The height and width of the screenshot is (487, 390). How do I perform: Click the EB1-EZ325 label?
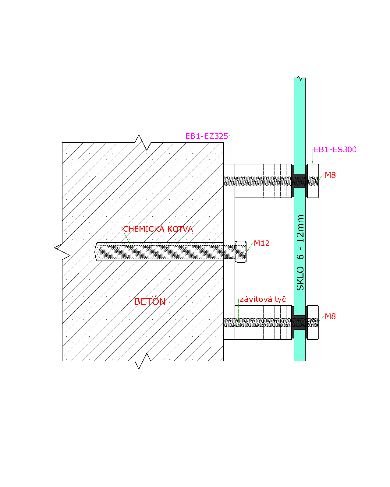click(206, 136)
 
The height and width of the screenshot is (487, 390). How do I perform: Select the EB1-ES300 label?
click(335, 149)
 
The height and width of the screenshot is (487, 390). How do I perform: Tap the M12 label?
click(261, 243)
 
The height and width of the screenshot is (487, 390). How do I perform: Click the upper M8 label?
click(330, 175)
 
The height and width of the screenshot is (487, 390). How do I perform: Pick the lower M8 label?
click(330, 316)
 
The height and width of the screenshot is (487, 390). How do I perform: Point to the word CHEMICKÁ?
click(144, 229)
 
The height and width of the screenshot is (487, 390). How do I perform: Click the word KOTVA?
click(180, 229)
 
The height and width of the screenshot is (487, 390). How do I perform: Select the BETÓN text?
click(150, 301)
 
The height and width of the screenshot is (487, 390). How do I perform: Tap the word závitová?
click(256, 299)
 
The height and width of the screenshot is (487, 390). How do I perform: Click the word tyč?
click(280, 300)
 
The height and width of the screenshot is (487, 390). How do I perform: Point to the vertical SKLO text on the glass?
click(300, 278)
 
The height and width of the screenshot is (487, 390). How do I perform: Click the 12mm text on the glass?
click(300, 229)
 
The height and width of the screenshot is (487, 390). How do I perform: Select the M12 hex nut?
click(240, 252)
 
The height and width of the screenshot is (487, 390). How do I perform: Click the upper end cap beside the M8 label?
click(313, 181)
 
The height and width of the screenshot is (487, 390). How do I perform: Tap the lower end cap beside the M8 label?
click(313, 322)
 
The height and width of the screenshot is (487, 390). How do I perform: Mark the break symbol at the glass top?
click(299, 78)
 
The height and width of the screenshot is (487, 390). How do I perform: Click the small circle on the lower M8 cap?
click(313, 322)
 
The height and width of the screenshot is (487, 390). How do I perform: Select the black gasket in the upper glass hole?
click(299, 181)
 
